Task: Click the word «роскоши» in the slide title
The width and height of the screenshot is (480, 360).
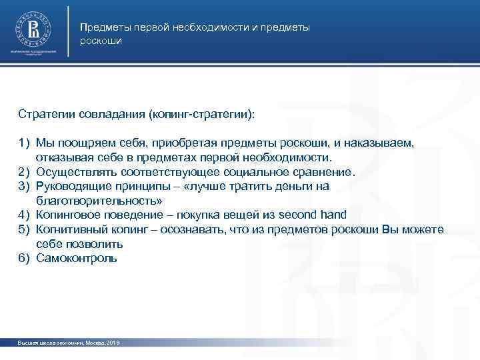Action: [x=101, y=41]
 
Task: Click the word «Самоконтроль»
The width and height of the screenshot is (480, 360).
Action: [x=77, y=258]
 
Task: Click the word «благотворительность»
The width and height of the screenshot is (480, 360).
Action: [x=99, y=201]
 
